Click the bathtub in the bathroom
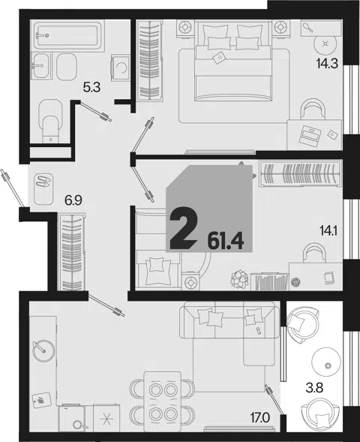(x=67, y=35)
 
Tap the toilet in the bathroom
(x=50, y=122)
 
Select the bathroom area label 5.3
(x=91, y=88)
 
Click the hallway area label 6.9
(x=73, y=200)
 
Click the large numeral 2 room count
(x=183, y=228)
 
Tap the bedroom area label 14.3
(x=327, y=64)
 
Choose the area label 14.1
(x=328, y=231)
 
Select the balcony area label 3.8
(x=314, y=388)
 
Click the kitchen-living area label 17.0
(x=260, y=417)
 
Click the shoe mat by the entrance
(x=43, y=189)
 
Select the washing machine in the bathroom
(x=121, y=68)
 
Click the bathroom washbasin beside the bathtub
(x=41, y=66)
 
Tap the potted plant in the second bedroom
(x=239, y=279)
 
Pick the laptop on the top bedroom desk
(x=310, y=135)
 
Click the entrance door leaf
(x=12, y=188)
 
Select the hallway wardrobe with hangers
(x=71, y=252)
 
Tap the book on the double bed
(x=218, y=58)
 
